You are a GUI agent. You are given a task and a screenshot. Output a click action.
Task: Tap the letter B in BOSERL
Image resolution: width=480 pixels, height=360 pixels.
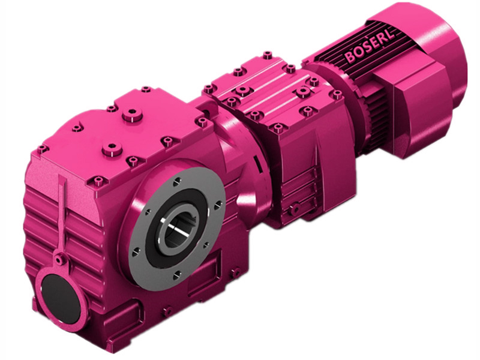click(x=350, y=58)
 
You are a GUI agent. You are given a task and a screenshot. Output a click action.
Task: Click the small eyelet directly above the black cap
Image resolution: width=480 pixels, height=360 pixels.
click(x=59, y=259)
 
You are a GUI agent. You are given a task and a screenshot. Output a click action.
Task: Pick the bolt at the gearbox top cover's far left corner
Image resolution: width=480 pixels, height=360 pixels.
click(x=41, y=148)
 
